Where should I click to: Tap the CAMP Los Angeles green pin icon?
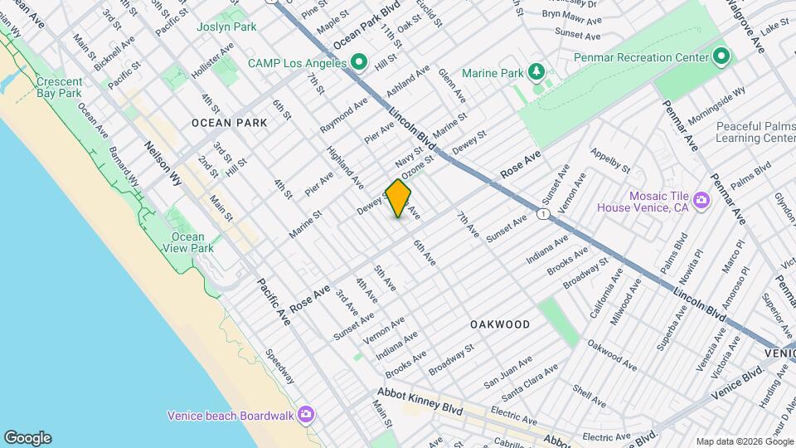point(359,62)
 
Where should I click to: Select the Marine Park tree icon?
point(537,72)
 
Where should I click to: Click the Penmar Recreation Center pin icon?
point(721,57)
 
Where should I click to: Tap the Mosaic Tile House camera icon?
point(701,200)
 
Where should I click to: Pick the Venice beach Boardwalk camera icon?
point(306,414)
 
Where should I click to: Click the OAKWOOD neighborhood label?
point(500,324)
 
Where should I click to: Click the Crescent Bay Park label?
point(59,87)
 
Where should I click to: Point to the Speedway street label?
point(279,365)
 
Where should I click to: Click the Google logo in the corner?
point(27,438)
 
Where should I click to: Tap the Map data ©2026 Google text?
point(743,441)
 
